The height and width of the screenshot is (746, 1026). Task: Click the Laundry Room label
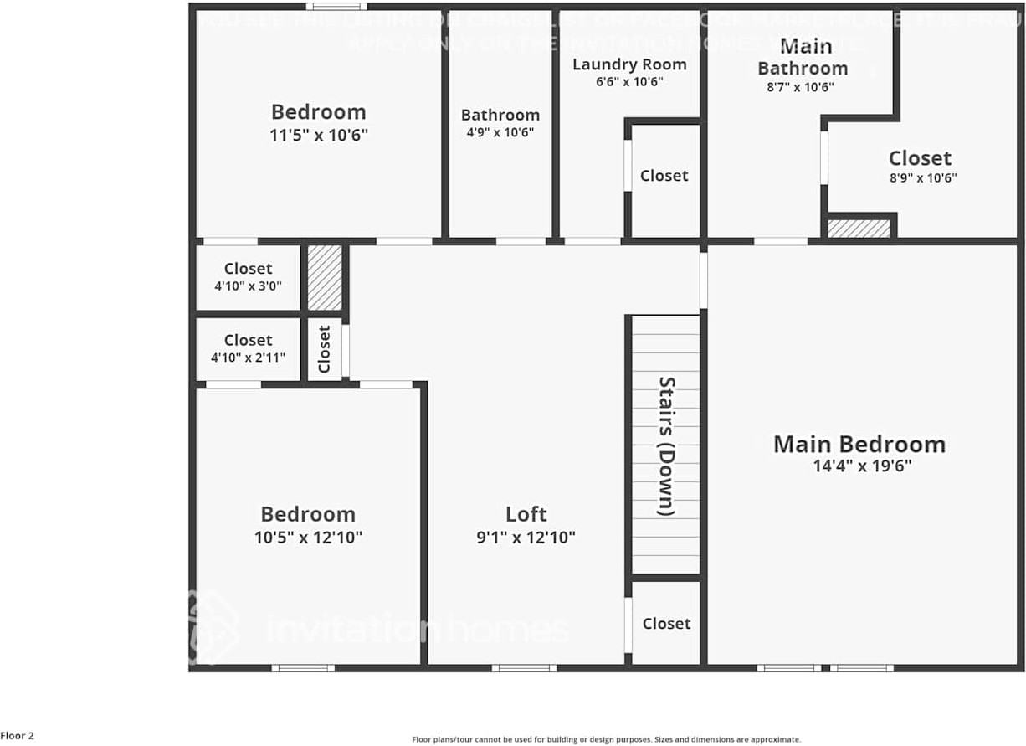629,64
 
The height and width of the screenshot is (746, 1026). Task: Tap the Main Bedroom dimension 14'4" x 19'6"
862,466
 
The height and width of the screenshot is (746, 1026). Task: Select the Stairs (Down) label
666,445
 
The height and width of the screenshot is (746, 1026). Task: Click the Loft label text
526,514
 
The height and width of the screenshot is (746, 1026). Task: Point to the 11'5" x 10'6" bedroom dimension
319,135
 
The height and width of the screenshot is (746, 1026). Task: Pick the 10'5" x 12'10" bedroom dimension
308,538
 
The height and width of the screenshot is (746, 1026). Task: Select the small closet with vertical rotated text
325,349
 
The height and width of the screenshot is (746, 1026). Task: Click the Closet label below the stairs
666,624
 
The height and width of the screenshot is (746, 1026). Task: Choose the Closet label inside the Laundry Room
664,176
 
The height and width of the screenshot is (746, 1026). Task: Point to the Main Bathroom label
803,57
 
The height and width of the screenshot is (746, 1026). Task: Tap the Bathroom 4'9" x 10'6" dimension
500,132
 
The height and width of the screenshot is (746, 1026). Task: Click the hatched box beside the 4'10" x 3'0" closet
325,278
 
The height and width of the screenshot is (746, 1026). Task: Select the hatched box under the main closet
859,229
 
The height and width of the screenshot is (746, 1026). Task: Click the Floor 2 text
18,736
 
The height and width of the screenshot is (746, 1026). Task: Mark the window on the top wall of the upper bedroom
336,7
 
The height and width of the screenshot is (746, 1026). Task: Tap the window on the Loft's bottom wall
524,668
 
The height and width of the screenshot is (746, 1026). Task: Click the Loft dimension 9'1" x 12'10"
526,538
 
